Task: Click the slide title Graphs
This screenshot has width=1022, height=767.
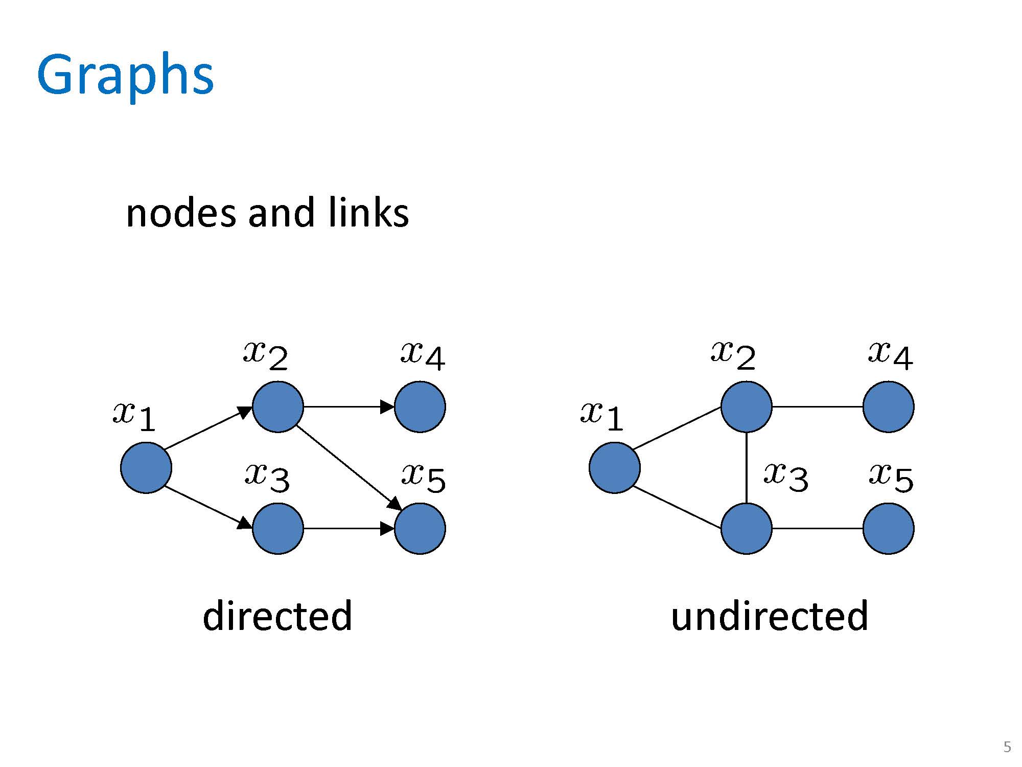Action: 125,76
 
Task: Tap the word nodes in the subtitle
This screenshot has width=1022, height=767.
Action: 180,213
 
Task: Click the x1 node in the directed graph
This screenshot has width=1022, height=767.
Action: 146,467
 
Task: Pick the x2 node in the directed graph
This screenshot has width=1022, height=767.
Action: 278,407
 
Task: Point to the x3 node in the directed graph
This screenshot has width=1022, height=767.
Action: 278,528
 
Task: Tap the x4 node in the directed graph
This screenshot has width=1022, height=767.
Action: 420,407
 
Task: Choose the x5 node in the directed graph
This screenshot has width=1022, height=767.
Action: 420,528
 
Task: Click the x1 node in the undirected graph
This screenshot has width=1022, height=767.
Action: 615,467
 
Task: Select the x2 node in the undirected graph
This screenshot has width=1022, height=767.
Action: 747,407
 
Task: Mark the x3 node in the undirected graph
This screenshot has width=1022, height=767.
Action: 747,528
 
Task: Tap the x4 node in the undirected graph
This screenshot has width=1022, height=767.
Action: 889,407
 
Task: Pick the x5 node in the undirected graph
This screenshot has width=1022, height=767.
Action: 889,528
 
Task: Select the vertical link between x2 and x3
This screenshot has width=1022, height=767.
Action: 747,467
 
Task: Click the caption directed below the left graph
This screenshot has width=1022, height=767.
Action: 277,616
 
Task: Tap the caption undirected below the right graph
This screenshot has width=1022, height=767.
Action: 770,616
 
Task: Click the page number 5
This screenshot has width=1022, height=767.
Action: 1007,747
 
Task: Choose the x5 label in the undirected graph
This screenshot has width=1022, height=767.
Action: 891,478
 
